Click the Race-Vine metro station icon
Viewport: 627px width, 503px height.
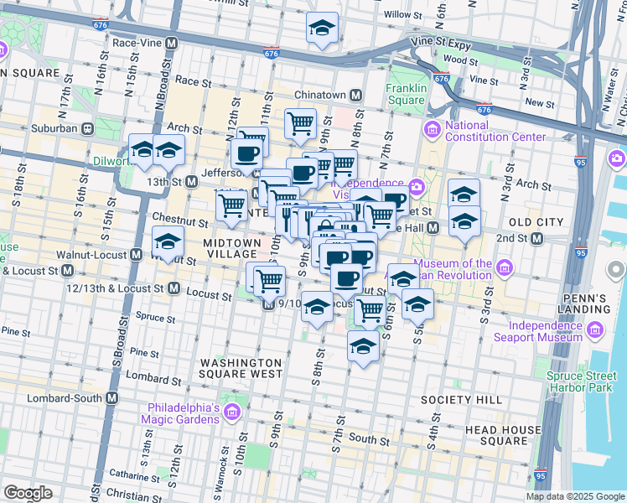coord(171,43)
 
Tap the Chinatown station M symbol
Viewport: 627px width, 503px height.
coord(356,95)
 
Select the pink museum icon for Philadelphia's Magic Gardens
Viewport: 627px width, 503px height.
coord(232,410)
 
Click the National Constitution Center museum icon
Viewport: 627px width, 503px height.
coord(433,128)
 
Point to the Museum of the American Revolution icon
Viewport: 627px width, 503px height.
coord(504,268)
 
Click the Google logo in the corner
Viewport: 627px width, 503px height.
coord(28,493)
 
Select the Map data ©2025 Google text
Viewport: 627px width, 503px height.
coord(574,496)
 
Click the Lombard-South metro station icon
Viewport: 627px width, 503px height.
coord(110,398)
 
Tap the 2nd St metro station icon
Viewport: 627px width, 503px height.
coord(554,238)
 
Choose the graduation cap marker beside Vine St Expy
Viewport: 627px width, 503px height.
coord(322,29)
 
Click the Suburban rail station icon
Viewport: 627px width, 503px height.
coord(85,129)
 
